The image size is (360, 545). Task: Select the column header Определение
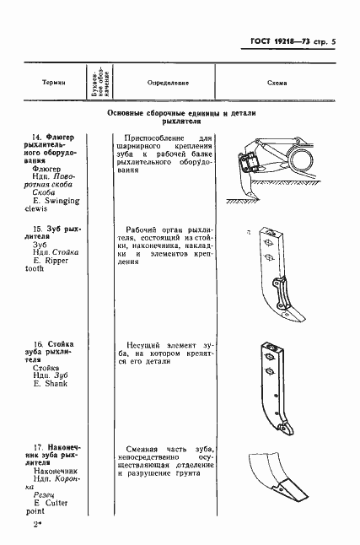167,84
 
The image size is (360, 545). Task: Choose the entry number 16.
37,343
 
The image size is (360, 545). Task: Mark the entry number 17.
37,446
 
